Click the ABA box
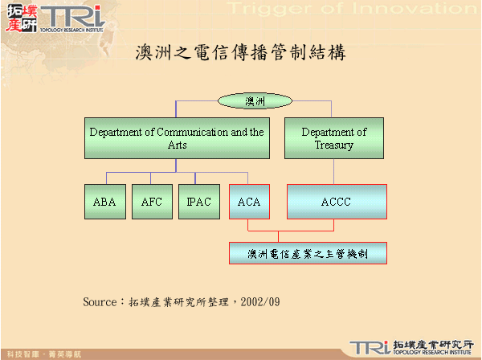104,202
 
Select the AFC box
151,202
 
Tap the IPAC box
198,202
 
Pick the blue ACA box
249,202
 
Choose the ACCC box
337,202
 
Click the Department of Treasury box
334,138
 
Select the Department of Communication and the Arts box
177,138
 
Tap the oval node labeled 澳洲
255,101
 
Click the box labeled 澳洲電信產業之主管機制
309,253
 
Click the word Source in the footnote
100,302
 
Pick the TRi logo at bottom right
370,346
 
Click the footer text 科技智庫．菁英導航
40,354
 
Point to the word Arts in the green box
177,145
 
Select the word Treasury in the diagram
334,145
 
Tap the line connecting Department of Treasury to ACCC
334,171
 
